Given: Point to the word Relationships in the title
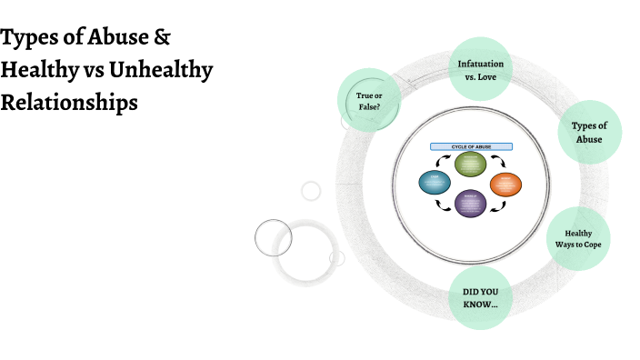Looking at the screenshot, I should [x=69, y=102].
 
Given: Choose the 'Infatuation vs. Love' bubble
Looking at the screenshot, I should [x=480, y=69].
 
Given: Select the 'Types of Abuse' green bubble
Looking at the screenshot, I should [x=589, y=133].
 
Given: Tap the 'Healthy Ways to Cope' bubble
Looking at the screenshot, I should [x=577, y=239].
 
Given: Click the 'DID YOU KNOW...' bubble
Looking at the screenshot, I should [x=479, y=298].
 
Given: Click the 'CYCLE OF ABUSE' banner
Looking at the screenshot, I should [x=470, y=146].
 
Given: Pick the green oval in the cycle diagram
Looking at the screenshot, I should [x=470, y=164].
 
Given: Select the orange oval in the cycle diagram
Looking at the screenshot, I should [x=505, y=184].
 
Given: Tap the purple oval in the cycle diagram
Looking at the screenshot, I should [x=470, y=202].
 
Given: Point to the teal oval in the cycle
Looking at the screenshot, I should [x=435, y=183].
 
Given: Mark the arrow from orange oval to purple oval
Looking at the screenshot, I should [x=497, y=205].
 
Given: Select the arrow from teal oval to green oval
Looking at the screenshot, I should [x=443, y=161].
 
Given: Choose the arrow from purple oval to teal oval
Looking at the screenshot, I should [x=443, y=205].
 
